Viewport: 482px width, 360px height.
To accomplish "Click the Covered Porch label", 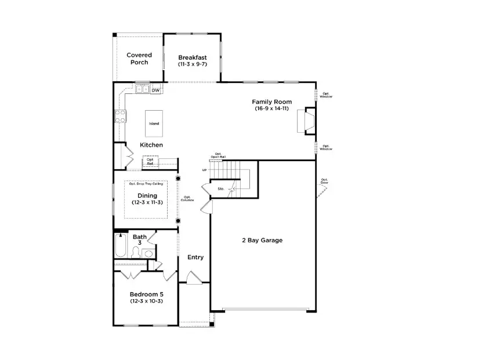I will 139,59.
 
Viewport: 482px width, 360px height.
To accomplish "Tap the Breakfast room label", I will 192,57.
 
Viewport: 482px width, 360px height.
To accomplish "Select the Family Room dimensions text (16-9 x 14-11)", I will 271,109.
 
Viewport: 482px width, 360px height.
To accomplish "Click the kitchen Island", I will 154,123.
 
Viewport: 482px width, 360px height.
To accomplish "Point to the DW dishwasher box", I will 155,90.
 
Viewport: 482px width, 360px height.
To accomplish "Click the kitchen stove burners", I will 121,116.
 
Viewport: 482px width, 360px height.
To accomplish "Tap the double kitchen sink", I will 142,90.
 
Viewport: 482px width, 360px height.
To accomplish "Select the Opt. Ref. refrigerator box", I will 150,162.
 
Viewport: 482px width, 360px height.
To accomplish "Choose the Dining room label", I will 147,195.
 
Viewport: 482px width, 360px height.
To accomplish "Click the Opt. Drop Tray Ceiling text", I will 146,184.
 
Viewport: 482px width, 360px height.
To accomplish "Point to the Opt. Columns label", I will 188,198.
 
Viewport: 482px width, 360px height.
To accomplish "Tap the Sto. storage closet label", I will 221,189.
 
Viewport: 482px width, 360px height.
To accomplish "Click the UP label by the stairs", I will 204,170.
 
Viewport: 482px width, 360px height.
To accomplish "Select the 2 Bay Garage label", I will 262,240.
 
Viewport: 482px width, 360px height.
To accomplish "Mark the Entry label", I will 195,257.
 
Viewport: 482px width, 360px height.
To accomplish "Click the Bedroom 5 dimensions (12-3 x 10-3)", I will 146,301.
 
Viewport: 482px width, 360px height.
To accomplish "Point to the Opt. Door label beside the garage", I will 324,181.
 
